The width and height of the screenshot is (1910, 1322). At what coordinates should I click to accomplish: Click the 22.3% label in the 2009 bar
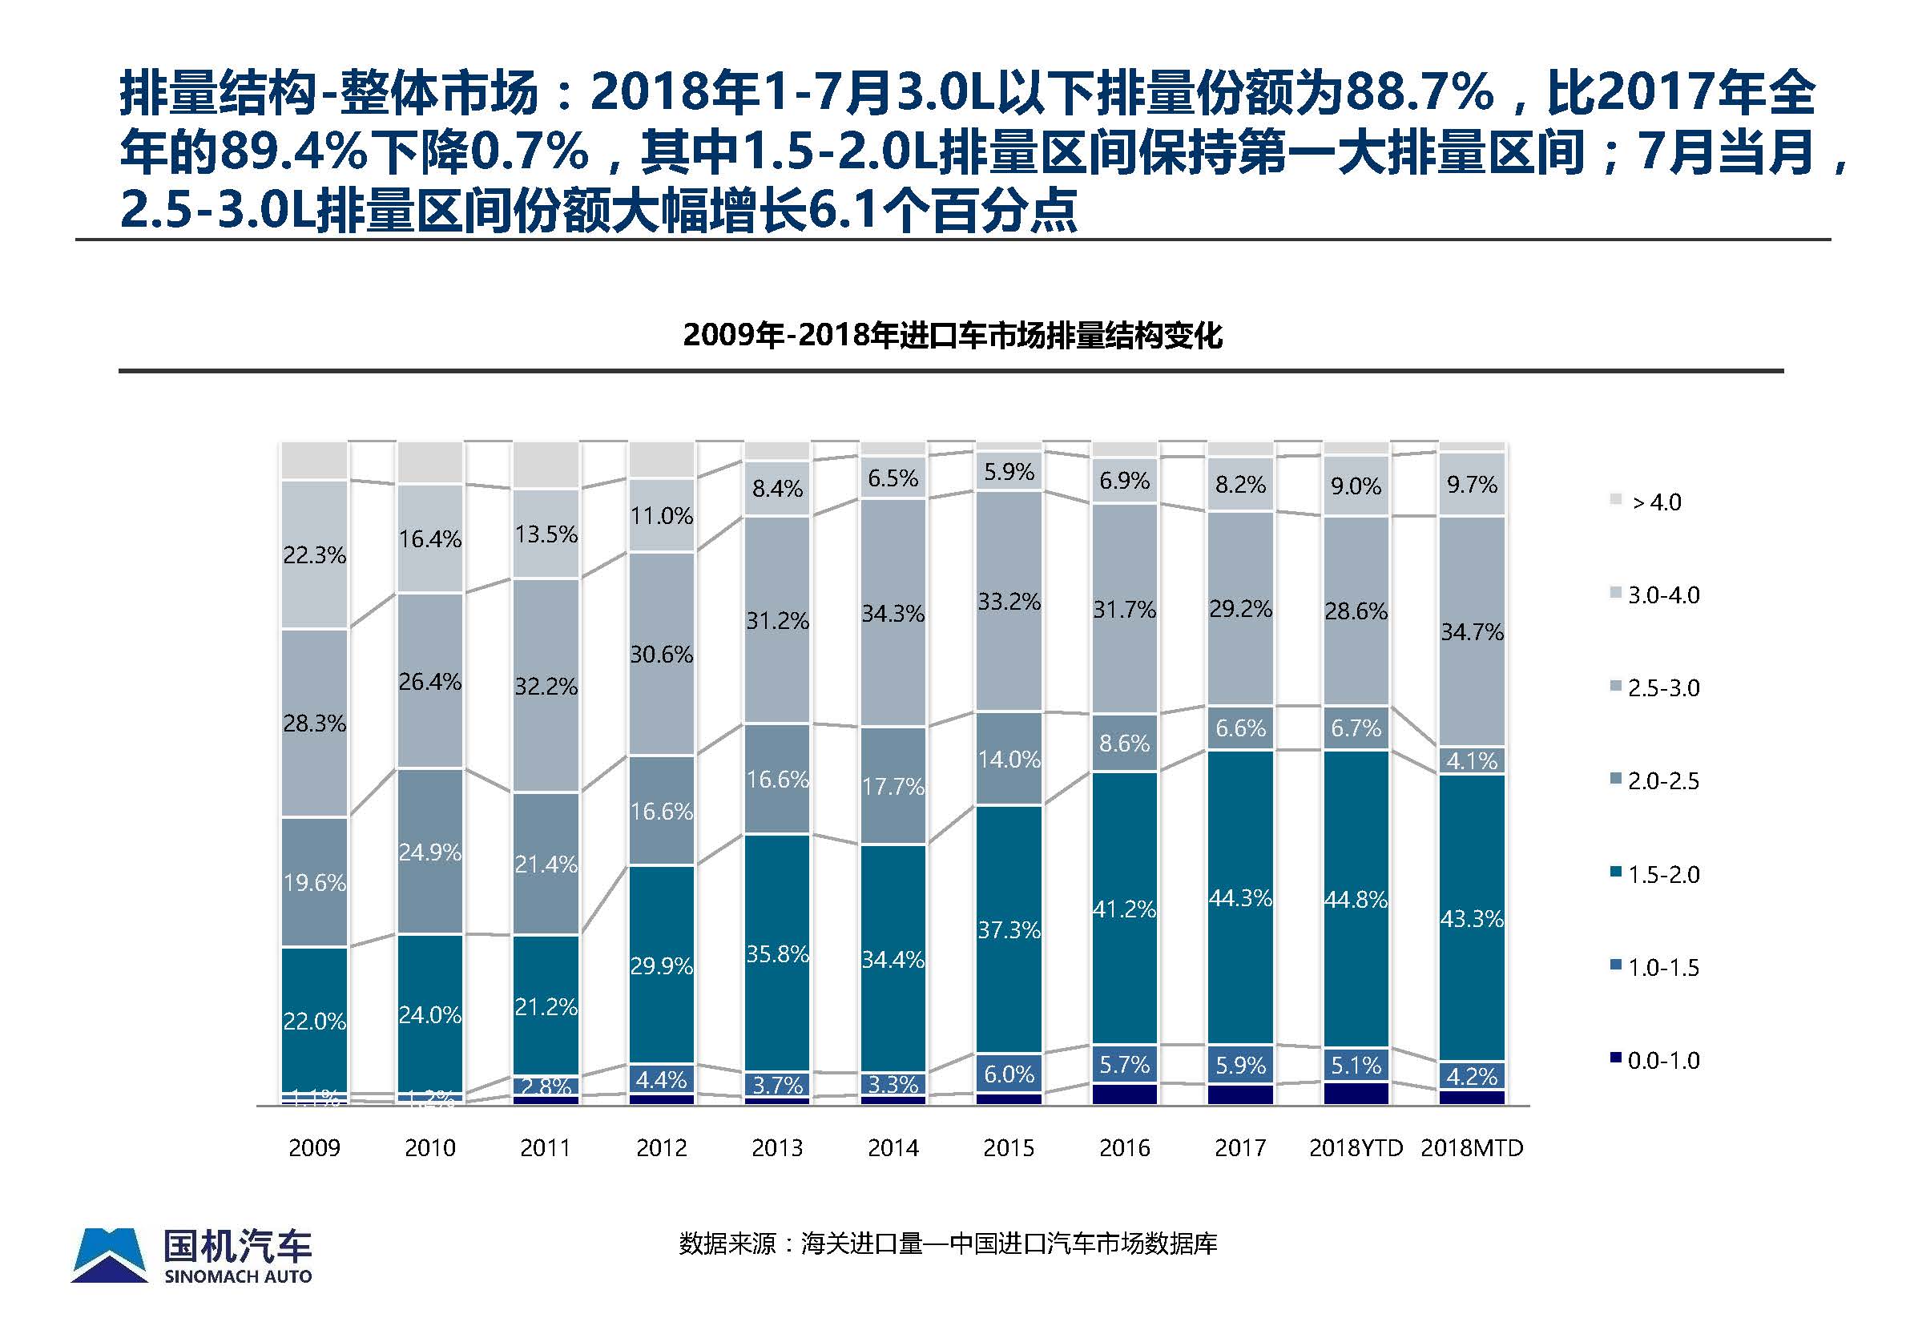click(x=314, y=555)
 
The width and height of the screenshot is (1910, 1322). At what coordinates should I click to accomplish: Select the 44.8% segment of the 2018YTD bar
click(x=1356, y=899)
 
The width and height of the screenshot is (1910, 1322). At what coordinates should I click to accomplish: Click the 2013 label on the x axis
click(x=777, y=1147)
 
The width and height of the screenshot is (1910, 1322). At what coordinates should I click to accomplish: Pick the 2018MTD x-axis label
click(x=1472, y=1147)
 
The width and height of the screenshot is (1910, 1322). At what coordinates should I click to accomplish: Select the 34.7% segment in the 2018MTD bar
click(x=1472, y=632)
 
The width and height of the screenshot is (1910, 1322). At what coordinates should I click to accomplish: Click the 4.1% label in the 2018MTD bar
click(x=1472, y=760)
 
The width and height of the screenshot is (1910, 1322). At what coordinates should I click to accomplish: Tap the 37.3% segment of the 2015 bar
click(x=1009, y=929)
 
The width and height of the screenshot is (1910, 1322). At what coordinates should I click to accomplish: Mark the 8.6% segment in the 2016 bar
click(x=1125, y=743)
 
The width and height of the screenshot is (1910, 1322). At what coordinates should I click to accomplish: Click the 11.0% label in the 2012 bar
click(x=661, y=516)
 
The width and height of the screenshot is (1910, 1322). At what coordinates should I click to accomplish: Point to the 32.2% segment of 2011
click(x=546, y=686)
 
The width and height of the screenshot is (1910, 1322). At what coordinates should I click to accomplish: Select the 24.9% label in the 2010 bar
click(x=430, y=852)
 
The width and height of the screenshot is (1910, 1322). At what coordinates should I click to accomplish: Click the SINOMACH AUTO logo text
click(x=238, y=1276)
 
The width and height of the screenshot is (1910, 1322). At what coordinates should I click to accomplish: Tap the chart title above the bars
click(x=953, y=336)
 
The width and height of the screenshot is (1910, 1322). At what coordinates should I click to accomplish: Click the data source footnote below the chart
click(x=948, y=1243)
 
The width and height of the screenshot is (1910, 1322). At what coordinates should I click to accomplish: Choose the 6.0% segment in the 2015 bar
click(x=1009, y=1074)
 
